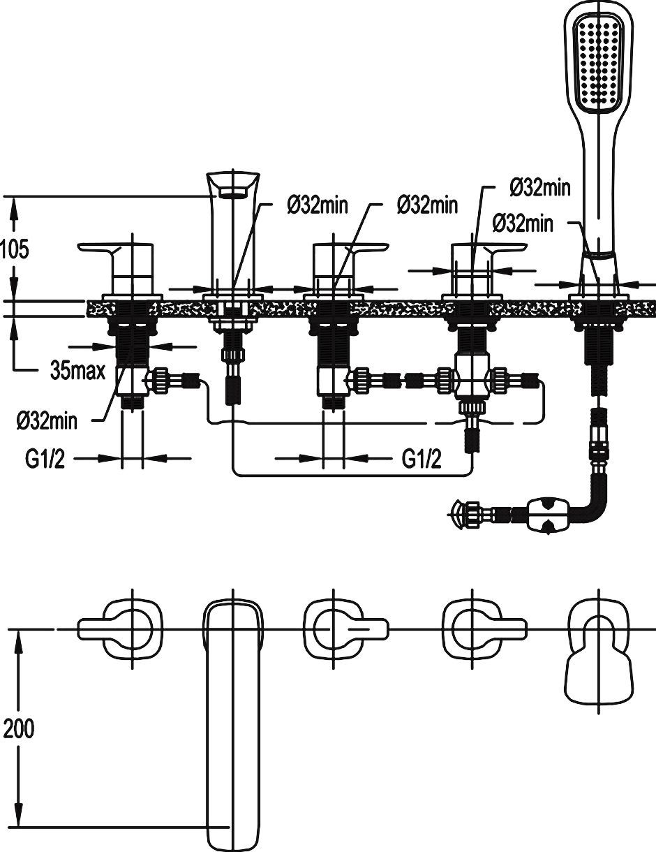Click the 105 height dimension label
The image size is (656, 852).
tap(15, 249)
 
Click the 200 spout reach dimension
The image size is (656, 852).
tap(19, 729)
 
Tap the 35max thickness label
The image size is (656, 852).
tap(77, 370)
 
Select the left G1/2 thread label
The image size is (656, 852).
tap(46, 459)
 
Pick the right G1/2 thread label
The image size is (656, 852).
tap(422, 459)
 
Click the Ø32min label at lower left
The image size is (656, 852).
tap(47, 420)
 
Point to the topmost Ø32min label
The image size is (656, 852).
tap(540, 187)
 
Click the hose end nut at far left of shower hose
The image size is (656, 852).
tap(462, 515)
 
